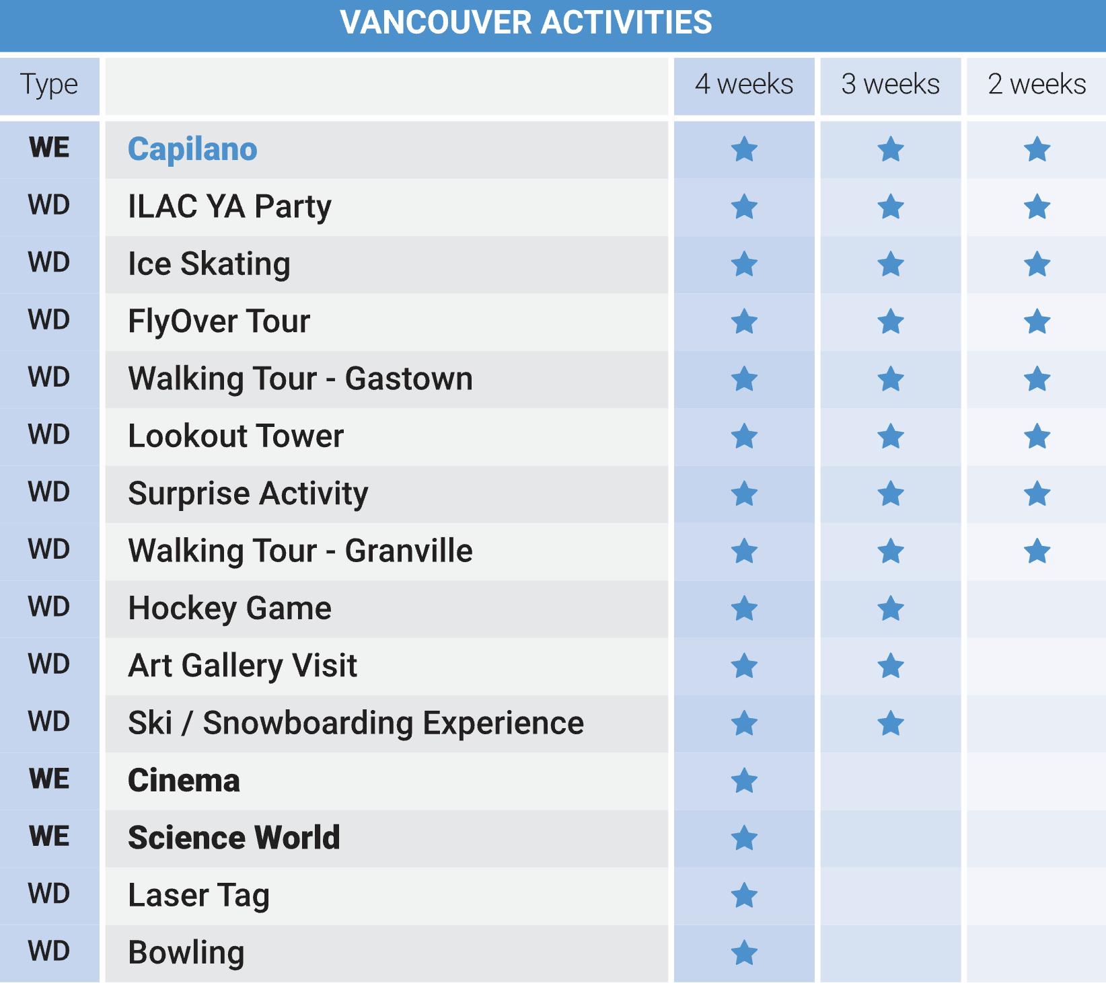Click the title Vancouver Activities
525,22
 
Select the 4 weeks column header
744,84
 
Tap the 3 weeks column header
890,84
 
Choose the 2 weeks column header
1037,84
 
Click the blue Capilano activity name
192,149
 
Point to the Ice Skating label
209,264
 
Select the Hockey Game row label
229,608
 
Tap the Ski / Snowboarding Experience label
356,723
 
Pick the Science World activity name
234,838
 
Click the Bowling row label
186,953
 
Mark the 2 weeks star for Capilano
1037,149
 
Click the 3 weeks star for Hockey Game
891,608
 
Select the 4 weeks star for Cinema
745,781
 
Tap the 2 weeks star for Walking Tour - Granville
1037,551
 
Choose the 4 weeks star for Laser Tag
745,896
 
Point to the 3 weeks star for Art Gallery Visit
891,666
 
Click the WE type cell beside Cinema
49,779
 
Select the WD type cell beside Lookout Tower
49,435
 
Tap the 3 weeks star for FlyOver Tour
891,321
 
